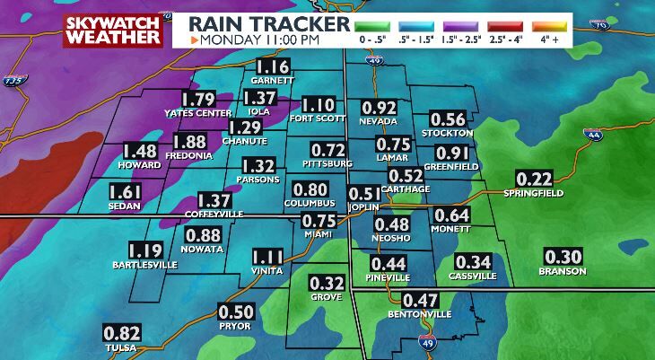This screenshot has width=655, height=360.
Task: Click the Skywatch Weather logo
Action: [x=113, y=29]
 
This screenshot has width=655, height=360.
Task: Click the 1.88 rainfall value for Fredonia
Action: [x=189, y=141]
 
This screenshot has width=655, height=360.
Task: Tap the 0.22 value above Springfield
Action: [x=533, y=179]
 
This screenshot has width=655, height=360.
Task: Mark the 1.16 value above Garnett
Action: [x=274, y=66]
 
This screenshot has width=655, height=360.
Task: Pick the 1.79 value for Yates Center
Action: [x=198, y=99]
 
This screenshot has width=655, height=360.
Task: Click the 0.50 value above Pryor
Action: [x=236, y=312]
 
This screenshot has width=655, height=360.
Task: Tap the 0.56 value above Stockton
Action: [x=448, y=119]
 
